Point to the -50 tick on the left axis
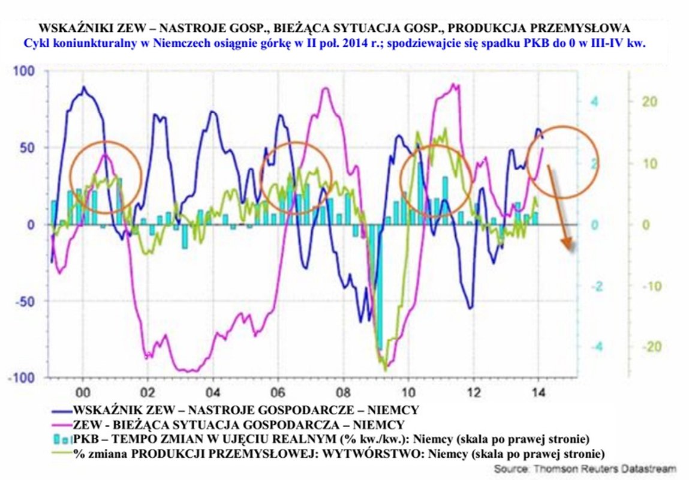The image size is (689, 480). (x=23, y=301)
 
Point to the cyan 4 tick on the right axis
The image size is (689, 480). (x=595, y=101)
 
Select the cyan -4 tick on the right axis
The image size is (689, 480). (x=592, y=347)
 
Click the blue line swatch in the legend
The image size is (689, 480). (x=58, y=410)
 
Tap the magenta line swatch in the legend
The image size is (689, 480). (x=58, y=425)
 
